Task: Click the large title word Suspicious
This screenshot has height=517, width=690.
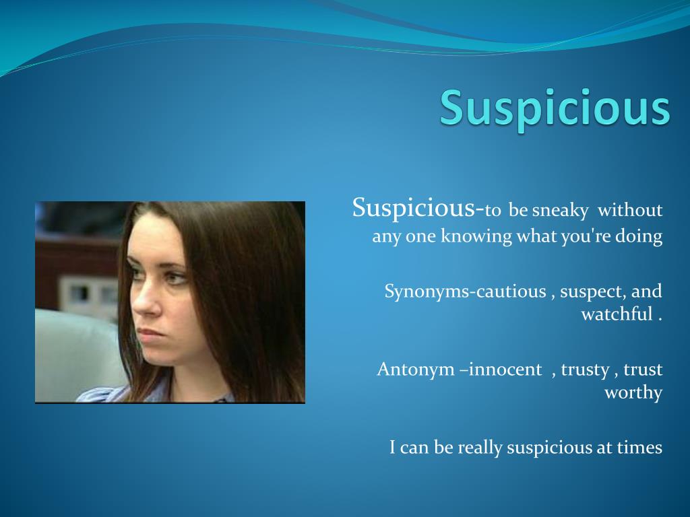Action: (x=555, y=108)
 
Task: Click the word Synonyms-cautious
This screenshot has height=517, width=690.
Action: (x=465, y=291)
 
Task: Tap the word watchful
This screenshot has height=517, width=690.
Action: (x=617, y=314)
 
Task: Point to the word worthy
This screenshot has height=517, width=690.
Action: (x=633, y=392)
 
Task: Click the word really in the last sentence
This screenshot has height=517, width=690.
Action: (x=480, y=447)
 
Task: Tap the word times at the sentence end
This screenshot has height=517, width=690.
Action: (x=639, y=447)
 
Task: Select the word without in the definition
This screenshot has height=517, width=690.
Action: (x=631, y=211)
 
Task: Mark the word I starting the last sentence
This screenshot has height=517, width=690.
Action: (x=392, y=447)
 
